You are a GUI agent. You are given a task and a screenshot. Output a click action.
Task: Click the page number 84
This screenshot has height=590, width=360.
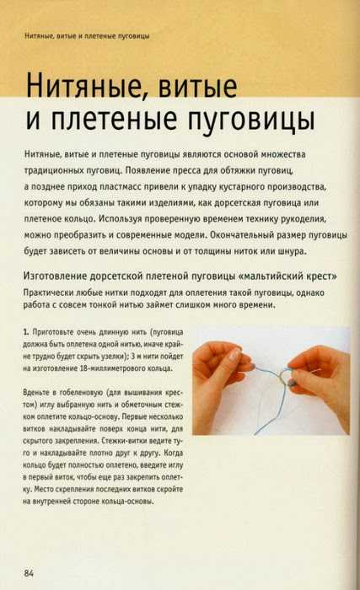[29, 573]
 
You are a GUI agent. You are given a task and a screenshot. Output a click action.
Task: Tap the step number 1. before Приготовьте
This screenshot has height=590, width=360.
[25, 332]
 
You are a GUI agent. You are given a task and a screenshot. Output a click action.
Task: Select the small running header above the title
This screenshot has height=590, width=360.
[87, 36]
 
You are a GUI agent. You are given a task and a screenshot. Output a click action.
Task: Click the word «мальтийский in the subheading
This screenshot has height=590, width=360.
[271, 276]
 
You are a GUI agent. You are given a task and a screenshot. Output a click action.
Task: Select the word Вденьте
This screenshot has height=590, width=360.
[35, 393]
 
